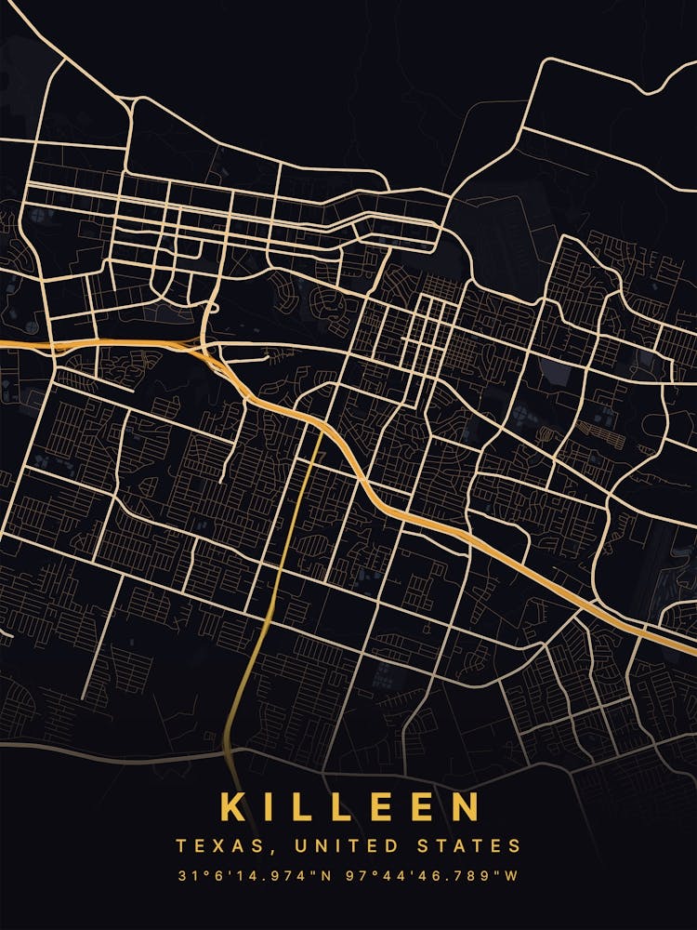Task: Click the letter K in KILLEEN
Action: tap(233, 807)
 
